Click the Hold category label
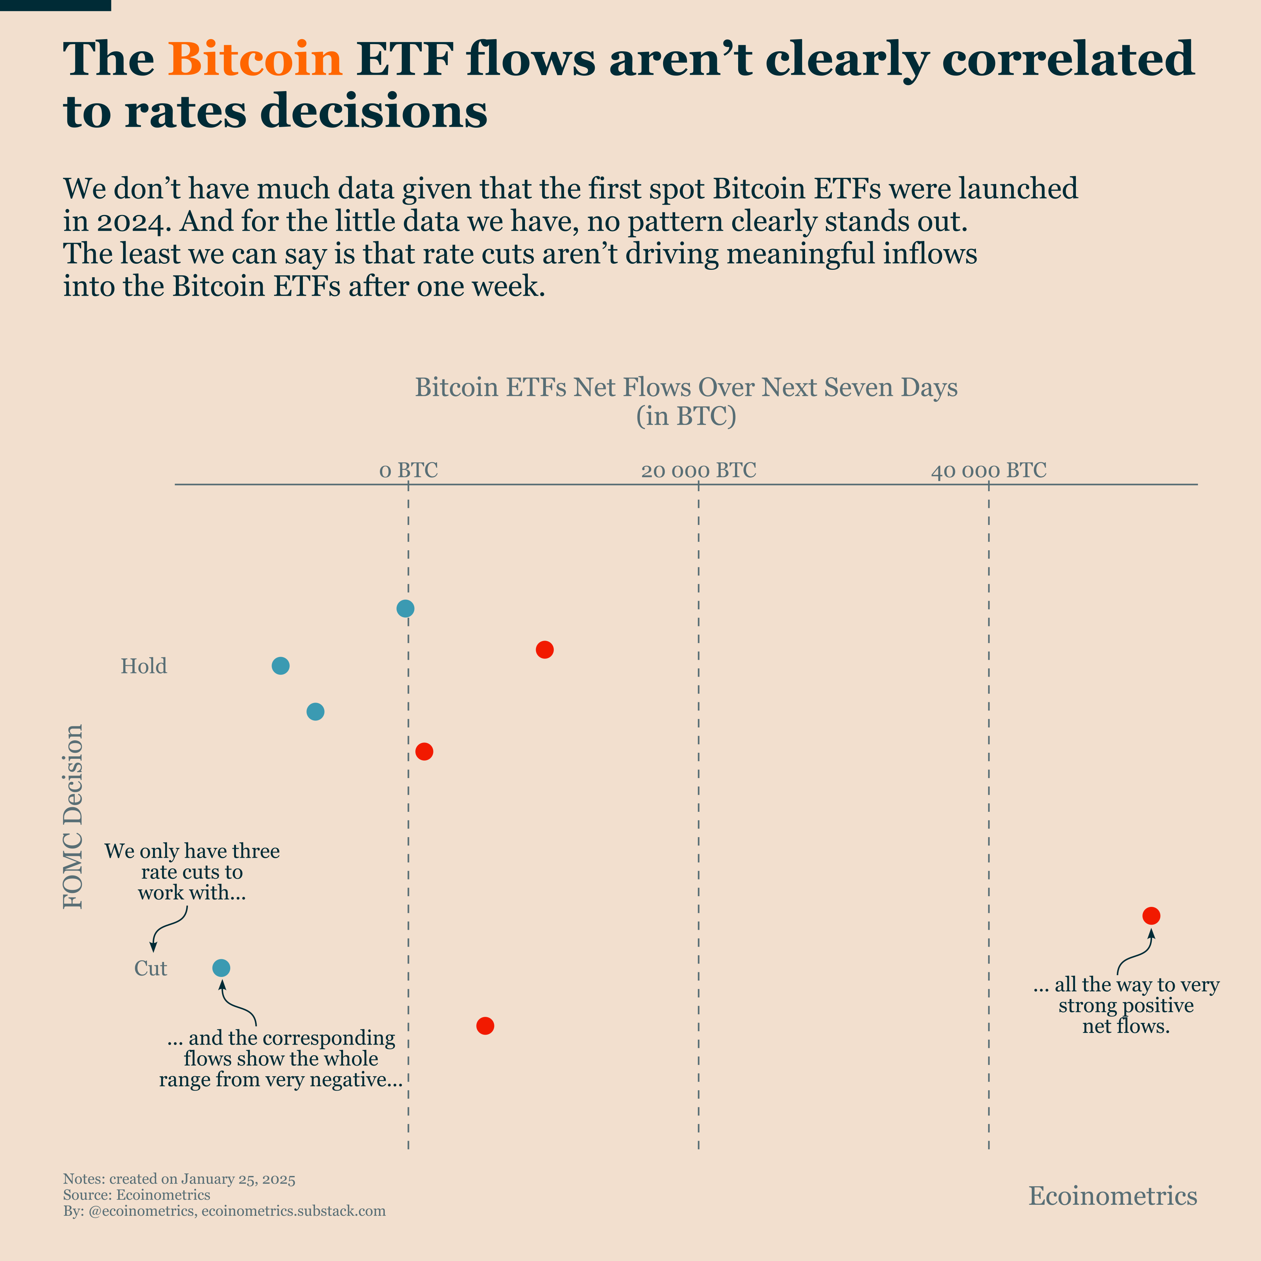(x=143, y=666)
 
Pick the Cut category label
(x=151, y=968)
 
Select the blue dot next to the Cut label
(x=221, y=968)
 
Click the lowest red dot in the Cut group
(x=485, y=1026)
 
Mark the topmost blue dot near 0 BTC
(x=405, y=608)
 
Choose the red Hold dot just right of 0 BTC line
(x=424, y=752)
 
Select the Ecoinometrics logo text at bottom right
(x=1113, y=1196)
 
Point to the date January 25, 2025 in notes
(x=238, y=1179)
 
